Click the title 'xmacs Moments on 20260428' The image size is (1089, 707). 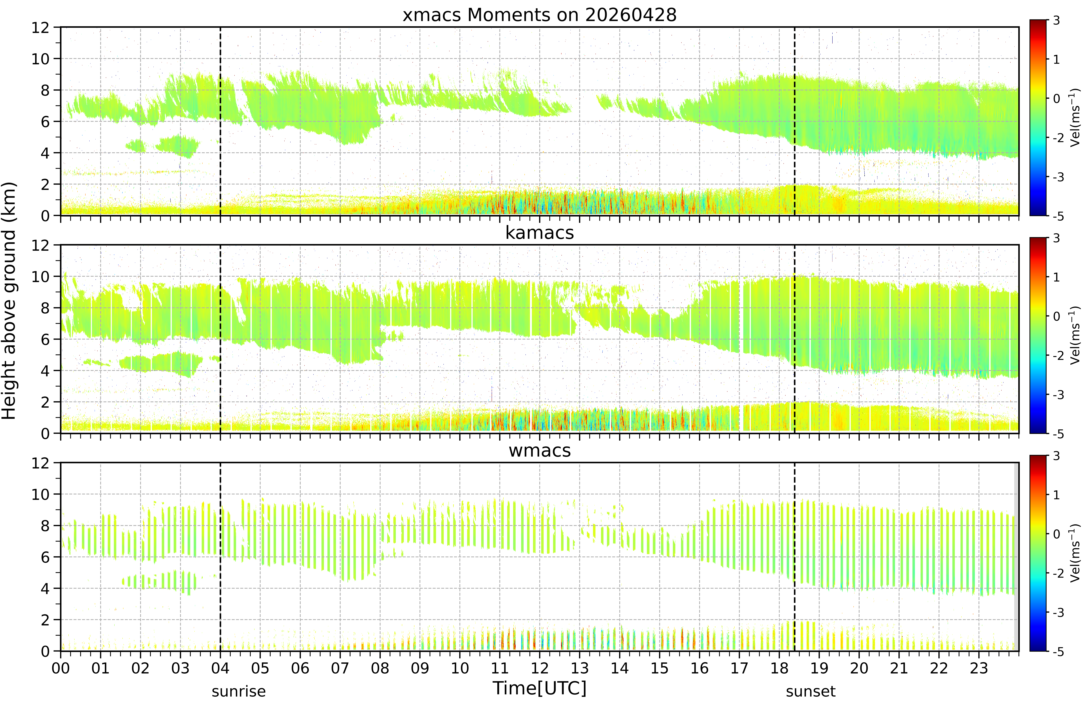click(539, 15)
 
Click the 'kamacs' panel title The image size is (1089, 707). click(539, 233)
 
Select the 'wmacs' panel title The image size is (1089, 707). click(539, 451)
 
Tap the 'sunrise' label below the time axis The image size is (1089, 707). click(238, 691)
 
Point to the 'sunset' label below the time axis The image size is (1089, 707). click(810, 691)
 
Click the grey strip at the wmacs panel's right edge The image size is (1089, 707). click(1016, 556)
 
